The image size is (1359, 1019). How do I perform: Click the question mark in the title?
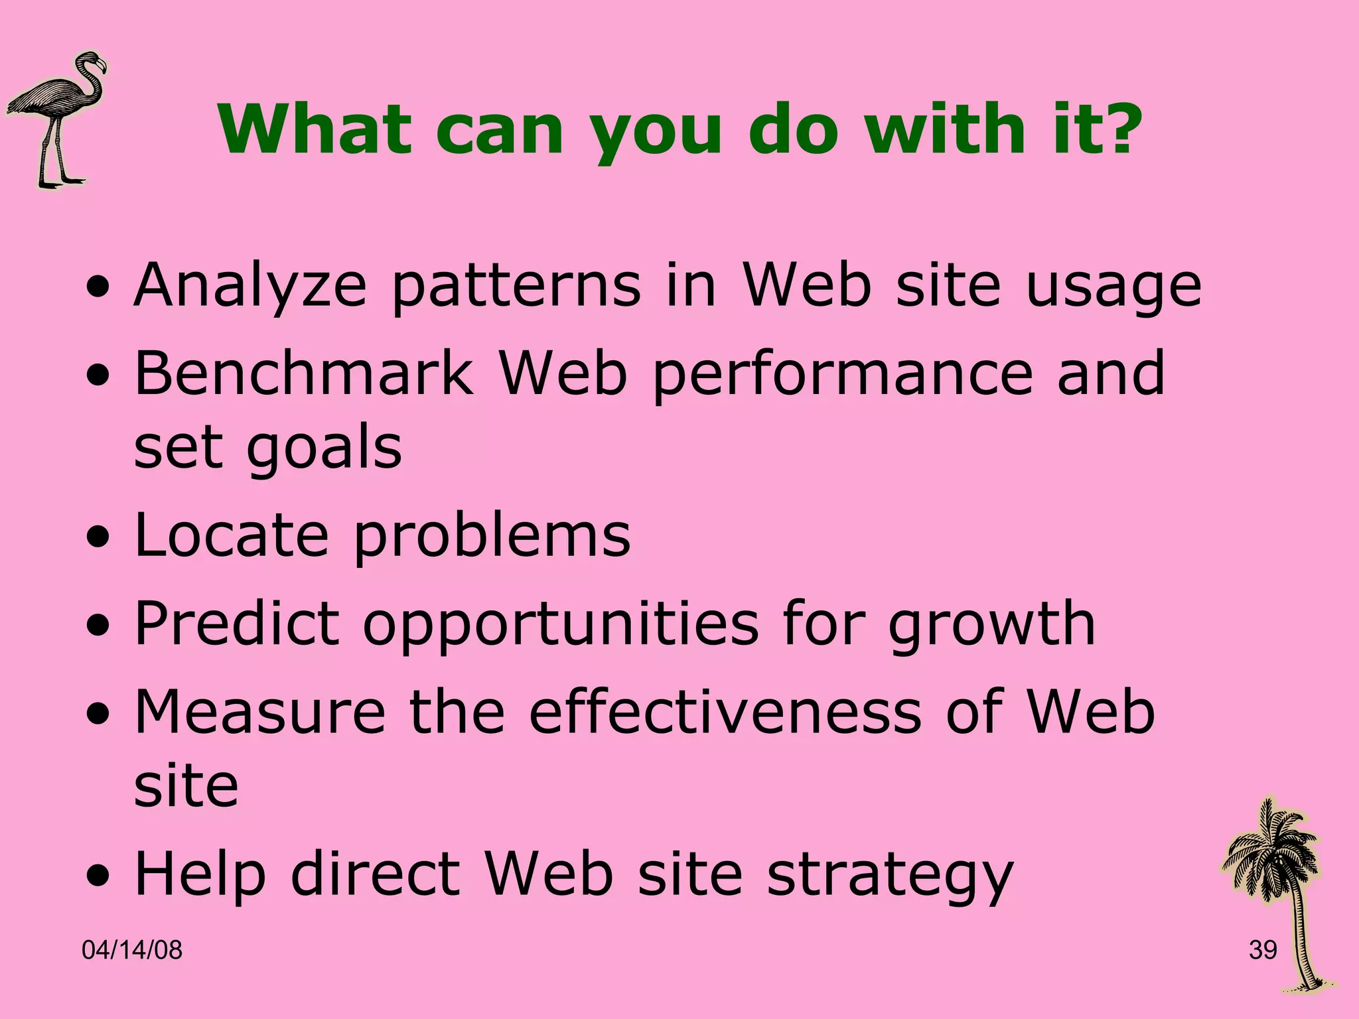click(x=1117, y=129)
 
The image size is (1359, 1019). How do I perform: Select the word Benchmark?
click(x=303, y=373)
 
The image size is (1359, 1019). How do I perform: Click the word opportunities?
click(x=561, y=625)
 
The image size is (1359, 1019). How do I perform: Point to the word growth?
click(x=991, y=625)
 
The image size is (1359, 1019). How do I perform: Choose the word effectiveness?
click(x=725, y=712)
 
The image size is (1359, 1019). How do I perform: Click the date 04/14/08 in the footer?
click(x=132, y=951)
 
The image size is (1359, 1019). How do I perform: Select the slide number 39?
click(x=1263, y=951)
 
